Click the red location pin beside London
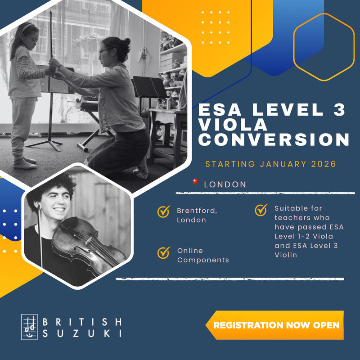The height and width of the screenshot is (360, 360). [x=195, y=184]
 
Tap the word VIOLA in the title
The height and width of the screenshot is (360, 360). [x=233, y=125]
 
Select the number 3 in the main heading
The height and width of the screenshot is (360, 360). [x=339, y=109]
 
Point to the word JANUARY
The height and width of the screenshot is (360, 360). [x=283, y=164]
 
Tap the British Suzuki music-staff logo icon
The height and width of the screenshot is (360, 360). [x=29, y=327]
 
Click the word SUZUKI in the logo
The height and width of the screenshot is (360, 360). [x=82, y=333]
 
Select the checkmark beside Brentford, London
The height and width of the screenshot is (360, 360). [x=164, y=211]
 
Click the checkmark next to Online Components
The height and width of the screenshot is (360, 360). [x=164, y=252]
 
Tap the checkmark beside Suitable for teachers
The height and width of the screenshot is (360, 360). [x=261, y=210]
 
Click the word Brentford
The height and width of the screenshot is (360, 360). [x=197, y=211]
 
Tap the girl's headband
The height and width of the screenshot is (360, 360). [x=27, y=27]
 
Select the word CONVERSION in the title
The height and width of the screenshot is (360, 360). [x=274, y=139]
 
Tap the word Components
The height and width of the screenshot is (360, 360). [x=203, y=260]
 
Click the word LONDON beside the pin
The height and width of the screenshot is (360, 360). [x=225, y=184]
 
